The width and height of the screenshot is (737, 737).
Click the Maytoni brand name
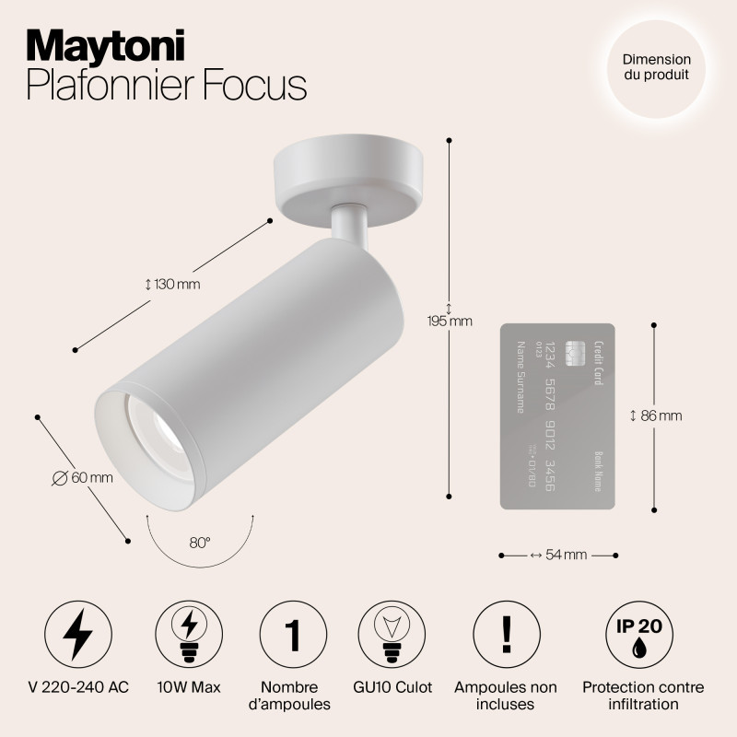(x=106, y=44)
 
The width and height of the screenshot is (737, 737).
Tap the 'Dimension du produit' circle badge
(x=656, y=65)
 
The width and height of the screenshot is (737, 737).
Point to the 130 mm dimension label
(x=173, y=285)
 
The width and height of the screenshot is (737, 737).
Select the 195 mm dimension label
(x=450, y=322)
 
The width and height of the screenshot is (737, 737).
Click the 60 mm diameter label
(x=83, y=477)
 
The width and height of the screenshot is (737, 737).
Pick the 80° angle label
(x=200, y=543)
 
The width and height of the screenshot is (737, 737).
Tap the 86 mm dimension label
(x=656, y=416)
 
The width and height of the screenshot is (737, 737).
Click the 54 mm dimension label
(x=558, y=555)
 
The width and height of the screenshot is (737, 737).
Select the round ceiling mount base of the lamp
(x=351, y=180)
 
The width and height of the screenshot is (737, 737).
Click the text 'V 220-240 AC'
(x=78, y=687)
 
